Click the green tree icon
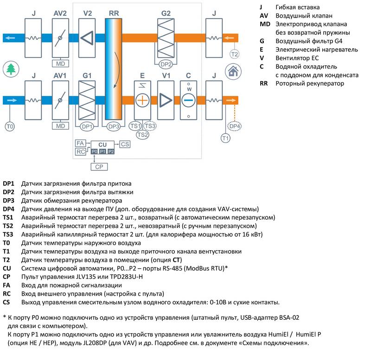(x=10, y=69)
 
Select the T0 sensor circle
(x=10, y=126)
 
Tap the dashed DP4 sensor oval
(x=235, y=126)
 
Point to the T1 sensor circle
(x=225, y=138)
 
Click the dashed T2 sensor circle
(x=235, y=54)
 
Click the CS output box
(x=125, y=145)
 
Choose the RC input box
(x=80, y=152)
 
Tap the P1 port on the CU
(x=102, y=152)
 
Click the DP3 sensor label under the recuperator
(x=114, y=126)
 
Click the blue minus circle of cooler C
(x=189, y=100)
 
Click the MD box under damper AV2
(x=60, y=63)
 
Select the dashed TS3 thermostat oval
(x=150, y=126)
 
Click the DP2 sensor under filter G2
(x=166, y=63)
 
